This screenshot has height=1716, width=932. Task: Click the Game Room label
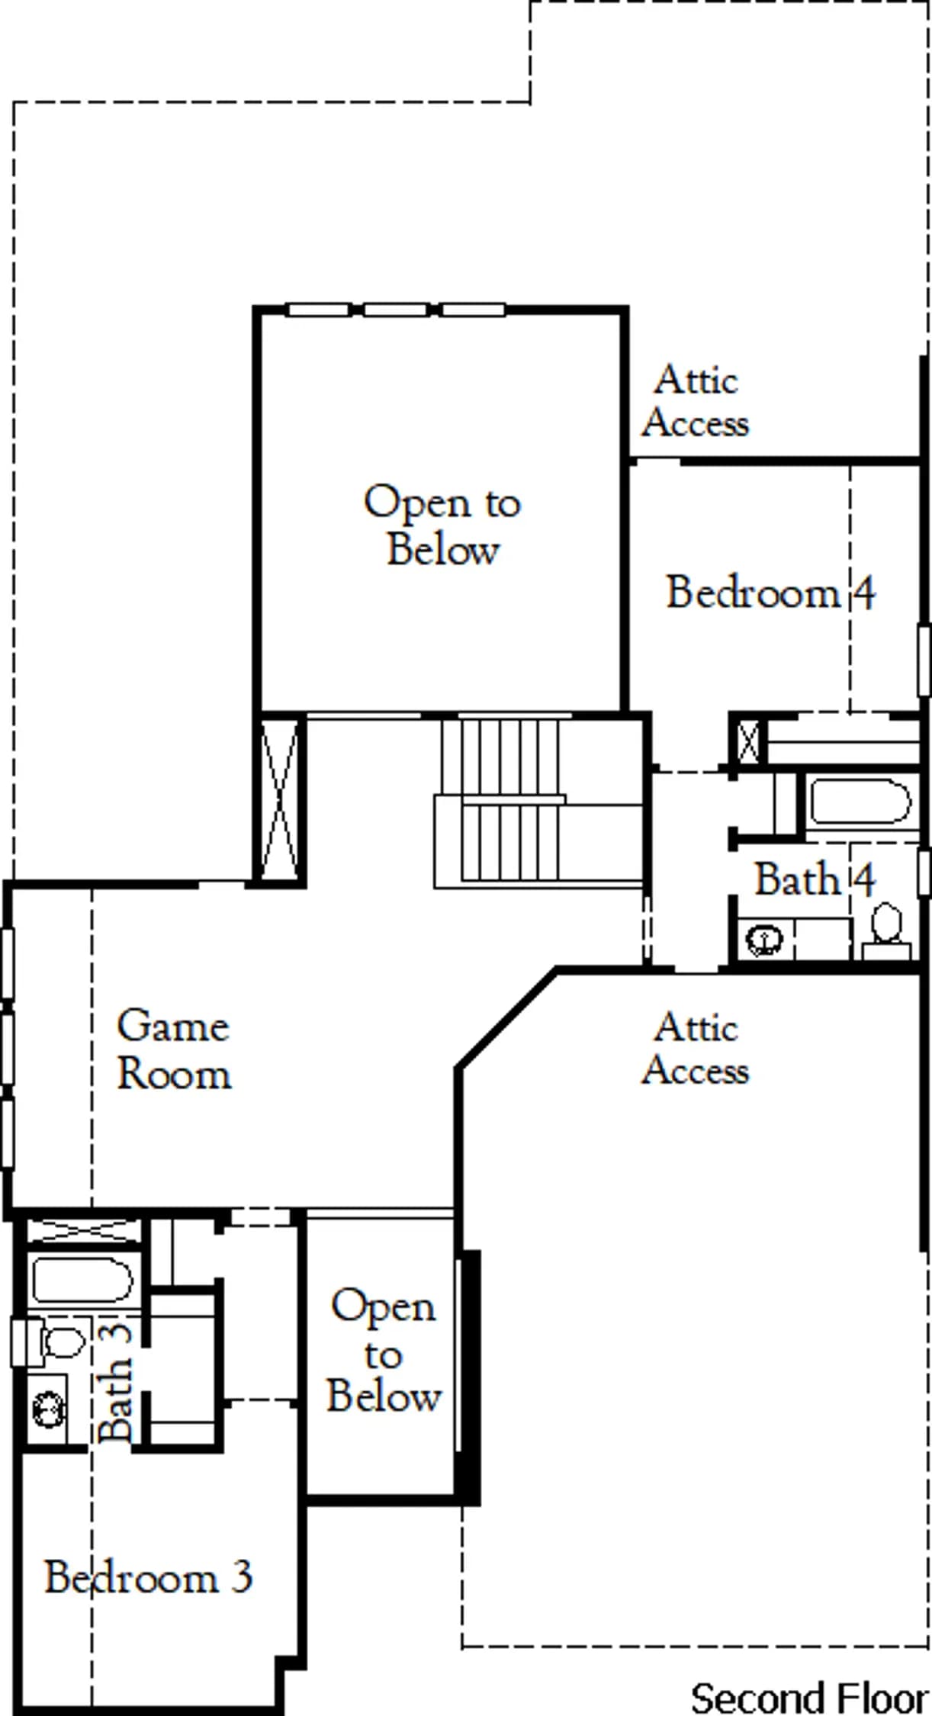(173, 1049)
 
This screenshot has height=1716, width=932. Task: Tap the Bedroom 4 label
(771, 593)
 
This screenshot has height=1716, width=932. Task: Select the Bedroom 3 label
(149, 1576)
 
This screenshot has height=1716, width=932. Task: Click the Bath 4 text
(815, 879)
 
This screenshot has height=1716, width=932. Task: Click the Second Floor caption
(809, 1698)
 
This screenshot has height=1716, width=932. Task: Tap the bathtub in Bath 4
(860, 801)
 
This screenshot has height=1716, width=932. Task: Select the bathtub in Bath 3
(82, 1279)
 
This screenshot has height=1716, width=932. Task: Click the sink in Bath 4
(764, 939)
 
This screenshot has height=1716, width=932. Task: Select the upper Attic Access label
(695, 401)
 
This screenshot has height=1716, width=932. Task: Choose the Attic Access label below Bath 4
(695, 1049)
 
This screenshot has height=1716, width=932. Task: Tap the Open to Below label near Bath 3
(384, 1349)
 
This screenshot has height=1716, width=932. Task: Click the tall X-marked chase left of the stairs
(280, 800)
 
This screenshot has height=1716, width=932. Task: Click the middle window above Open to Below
(395, 310)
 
